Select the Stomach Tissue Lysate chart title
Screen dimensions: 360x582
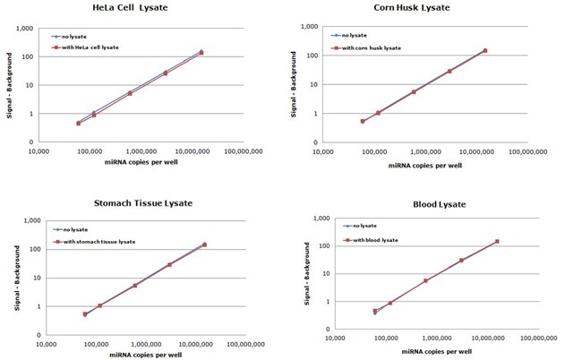(x=133, y=203)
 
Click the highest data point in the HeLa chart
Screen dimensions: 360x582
(x=201, y=52)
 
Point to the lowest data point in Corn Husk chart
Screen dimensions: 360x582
(x=363, y=121)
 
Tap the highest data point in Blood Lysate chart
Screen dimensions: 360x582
(x=497, y=242)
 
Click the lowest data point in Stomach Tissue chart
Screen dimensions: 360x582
(x=85, y=314)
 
